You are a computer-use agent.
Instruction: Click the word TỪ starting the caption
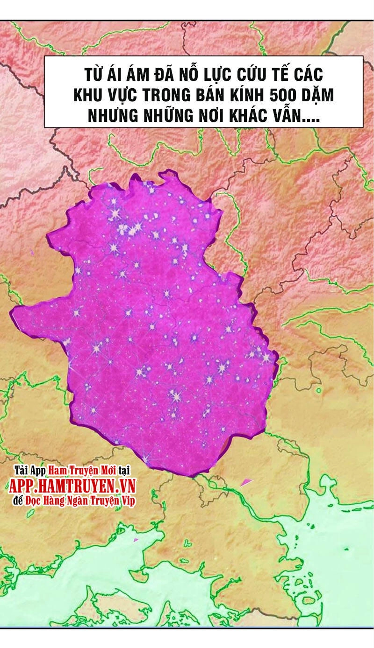coord(94,75)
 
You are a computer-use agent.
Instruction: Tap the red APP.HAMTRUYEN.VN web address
coord(72,486)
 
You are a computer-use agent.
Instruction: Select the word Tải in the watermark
coord(20,469)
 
